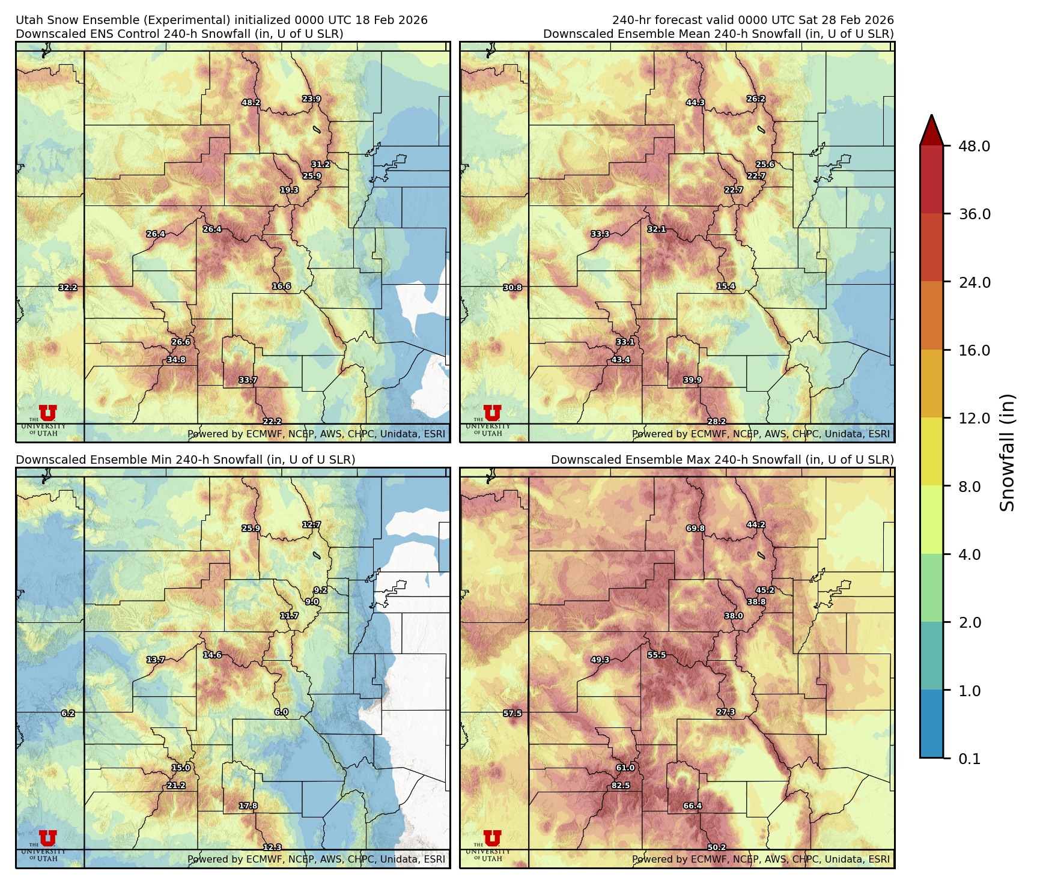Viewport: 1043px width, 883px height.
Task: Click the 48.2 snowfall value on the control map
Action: (x=251, y=103)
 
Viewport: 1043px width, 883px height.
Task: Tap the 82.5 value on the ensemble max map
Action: (x=621, y=785)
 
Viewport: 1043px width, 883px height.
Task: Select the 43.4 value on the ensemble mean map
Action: (x=621, y=360)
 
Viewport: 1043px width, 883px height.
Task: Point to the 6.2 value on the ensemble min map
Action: (x=68, y=713)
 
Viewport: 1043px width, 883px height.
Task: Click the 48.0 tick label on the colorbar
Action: (x=974, y=146)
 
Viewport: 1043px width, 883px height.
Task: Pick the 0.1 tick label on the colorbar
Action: (x=969, y=759)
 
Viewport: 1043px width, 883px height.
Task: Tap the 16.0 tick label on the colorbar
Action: (x=974, y=350)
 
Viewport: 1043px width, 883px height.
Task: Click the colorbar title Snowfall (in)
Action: (x=1008, y=452)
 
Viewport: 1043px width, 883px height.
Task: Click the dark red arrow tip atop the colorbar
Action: (x=931, y=129)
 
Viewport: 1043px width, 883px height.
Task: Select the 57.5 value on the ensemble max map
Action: (x=512, y=713)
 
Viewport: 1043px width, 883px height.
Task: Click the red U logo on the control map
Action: (x=47, y=413)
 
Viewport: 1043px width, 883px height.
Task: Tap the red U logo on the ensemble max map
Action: (x=492, y=838)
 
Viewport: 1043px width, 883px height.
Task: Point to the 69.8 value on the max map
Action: (x=695, y=528)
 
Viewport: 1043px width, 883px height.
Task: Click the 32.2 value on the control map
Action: (x=68, y=288)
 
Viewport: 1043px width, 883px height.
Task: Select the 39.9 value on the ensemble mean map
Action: (x=692, y=380)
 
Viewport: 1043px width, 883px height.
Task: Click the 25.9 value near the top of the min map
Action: (x=251, y=528)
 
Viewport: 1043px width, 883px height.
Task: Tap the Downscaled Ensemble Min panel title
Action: (x=185, y=460)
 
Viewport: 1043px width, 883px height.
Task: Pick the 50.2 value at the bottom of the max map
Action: (x=716, y=847)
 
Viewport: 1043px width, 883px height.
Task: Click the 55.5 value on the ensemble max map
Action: (x=656, y=655)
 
